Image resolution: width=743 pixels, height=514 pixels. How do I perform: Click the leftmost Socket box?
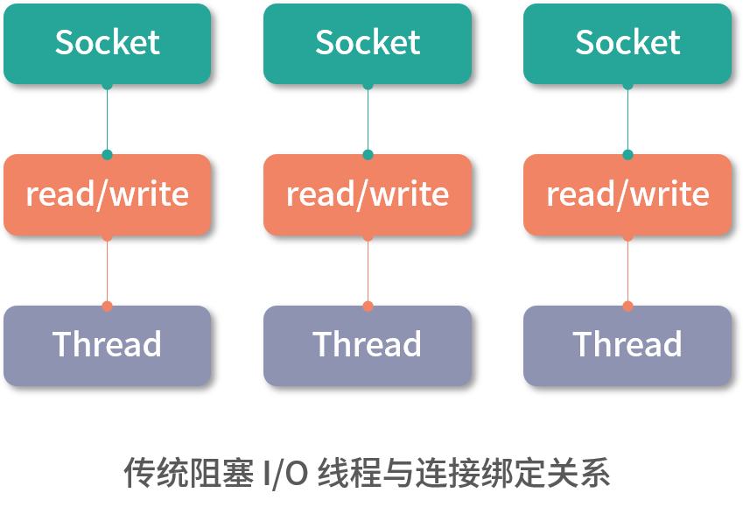click(x=107, y=43)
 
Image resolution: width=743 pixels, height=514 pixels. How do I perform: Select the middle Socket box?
click(x=368, y=43)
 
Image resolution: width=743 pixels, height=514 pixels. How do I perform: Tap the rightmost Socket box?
click(x=627, y=43)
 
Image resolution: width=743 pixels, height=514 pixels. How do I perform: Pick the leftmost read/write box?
click(x=107, y=194)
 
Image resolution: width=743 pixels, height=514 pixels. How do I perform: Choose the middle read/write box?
click(x=368, y=194)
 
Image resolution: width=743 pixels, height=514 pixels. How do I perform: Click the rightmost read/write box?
click(x=627, y=194)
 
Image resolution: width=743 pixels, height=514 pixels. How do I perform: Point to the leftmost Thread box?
click(x=107, y=345)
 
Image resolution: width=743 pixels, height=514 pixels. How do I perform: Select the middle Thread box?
click(x=368, y=345)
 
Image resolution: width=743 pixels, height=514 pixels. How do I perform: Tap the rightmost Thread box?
click(x=627, y=345)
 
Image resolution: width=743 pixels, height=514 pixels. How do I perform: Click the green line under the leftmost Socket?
click(x=107, y=119)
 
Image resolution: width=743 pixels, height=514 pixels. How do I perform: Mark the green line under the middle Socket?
click(x=368, y=119)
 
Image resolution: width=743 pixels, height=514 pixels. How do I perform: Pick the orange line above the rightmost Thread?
click(x=627, y=271)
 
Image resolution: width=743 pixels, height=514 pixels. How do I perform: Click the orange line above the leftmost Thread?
click(x=107, y=271)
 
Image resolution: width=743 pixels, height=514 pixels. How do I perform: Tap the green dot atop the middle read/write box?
click(x=368, y=155)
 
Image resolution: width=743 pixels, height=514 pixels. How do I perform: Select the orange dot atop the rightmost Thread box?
click(x=627, y=306)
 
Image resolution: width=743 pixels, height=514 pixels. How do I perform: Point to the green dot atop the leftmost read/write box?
click(x=107, y=155)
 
